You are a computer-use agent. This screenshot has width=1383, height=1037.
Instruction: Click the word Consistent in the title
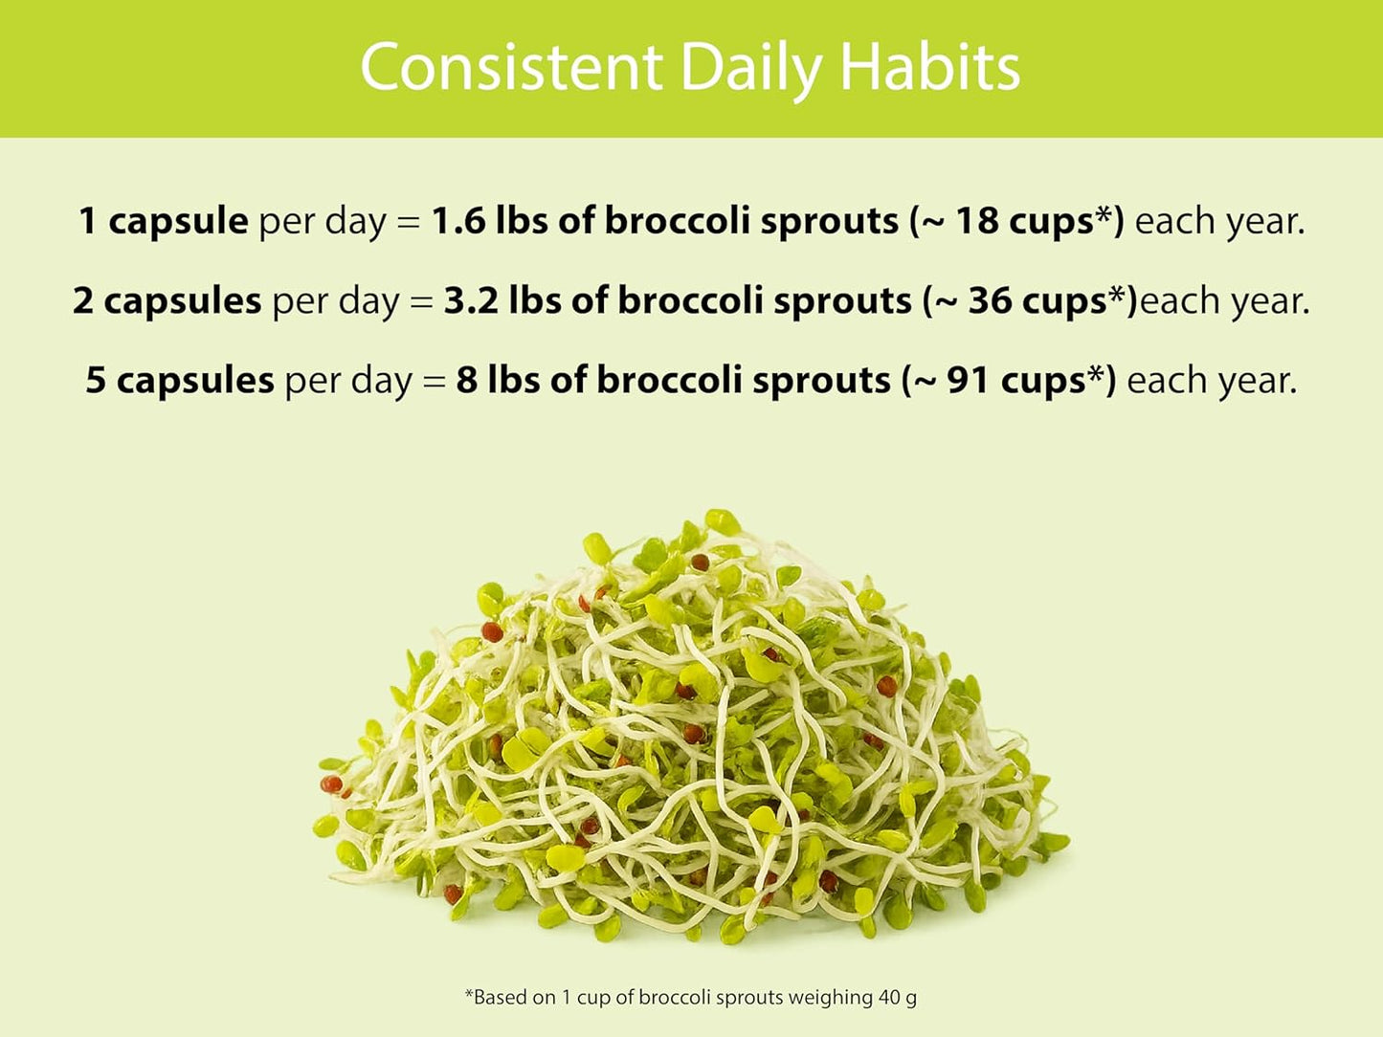[511, 67]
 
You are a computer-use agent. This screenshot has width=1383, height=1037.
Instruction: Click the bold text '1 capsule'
[163, 221]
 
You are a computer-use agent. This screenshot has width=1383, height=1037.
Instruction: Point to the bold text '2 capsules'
[167, 300]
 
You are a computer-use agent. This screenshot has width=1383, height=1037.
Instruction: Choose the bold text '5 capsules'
[180, 380]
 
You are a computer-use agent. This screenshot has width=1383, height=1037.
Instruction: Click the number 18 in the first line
[977, 221]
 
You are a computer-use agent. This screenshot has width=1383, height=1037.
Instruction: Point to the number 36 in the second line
[990, 300]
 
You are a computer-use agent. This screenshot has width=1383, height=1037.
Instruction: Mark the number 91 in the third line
[968, 380]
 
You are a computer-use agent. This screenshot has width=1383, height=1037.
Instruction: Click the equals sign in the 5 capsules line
[435, 382]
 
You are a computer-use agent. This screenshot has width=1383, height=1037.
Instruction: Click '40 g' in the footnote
[897, 997]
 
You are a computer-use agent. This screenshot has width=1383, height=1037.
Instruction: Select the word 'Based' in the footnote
[502, 997]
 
